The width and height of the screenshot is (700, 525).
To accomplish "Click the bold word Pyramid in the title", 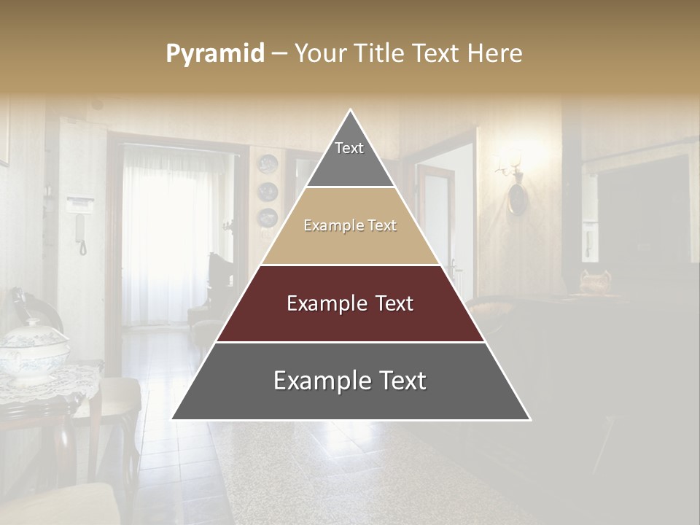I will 214,53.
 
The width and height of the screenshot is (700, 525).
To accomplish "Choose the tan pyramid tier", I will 350,226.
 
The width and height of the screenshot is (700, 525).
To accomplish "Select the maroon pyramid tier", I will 350,303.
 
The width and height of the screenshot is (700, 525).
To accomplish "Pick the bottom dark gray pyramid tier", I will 350,381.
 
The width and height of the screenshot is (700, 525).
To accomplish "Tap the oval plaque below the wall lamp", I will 517,198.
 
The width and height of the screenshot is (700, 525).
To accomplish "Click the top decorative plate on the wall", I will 268,163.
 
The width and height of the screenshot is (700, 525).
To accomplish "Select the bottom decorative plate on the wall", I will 268,217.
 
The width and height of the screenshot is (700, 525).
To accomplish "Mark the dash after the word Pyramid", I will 279,53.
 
